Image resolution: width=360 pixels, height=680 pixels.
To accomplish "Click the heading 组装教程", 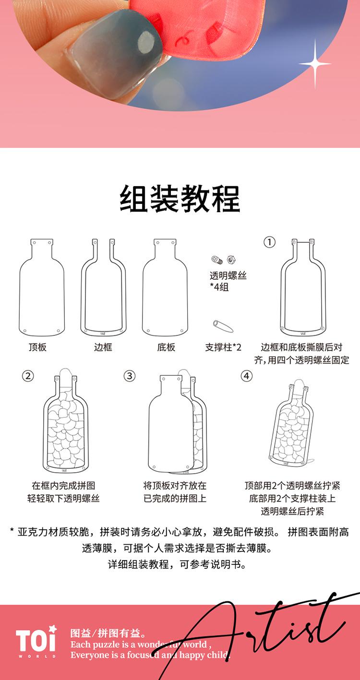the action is [180, 199].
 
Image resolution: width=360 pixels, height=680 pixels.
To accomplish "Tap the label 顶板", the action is [37, 347].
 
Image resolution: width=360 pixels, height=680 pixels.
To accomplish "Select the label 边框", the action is [103, 347].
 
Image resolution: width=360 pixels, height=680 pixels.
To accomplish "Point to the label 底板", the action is [166, 347].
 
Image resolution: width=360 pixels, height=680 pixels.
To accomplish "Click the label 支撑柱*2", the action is [223, 347].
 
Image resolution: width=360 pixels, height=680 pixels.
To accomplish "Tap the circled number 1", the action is [269, 242].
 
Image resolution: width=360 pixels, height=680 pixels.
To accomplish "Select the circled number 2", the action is [28, 376].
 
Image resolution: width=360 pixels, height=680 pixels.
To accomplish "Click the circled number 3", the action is [130, 376].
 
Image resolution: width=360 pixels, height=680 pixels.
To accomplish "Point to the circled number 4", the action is [246, 376].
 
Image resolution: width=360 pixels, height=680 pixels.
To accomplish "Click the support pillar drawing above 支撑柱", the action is [223, 326].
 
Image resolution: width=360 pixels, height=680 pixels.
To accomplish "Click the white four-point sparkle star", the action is [315, 64].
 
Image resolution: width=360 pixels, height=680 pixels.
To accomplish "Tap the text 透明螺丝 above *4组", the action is [228, 275].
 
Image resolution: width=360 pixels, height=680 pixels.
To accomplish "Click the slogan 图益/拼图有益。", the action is [108, 633].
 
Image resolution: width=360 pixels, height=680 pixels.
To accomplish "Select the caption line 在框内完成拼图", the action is [63, 486].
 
